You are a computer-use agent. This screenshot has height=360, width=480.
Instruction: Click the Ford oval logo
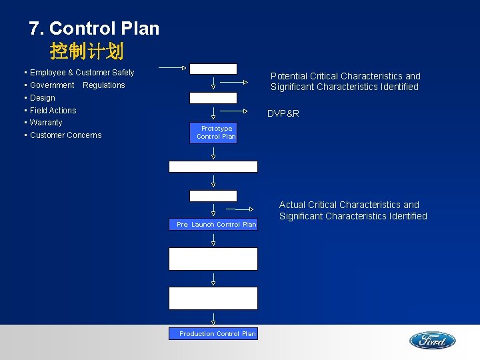tap(432, 341)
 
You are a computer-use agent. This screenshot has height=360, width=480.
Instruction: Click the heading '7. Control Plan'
tap(94, 29)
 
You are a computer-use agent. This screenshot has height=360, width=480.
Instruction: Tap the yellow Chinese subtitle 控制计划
tap(87, 51)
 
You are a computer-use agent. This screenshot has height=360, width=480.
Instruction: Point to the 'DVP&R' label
tap(283, 113)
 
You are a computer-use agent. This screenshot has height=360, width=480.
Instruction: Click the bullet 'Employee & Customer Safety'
tap(81, 73)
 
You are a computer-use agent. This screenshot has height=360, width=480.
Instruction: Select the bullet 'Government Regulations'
tap(77, 85)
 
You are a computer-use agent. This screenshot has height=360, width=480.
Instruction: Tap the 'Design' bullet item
tap(42, 98)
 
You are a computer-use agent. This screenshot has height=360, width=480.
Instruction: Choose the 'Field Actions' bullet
tap(53, 111)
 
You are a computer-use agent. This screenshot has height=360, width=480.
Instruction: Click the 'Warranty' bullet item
tap(45, 123)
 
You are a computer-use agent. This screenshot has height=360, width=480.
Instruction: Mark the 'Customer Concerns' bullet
tap(65, 135)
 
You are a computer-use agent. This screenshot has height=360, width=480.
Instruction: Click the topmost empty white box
tap(213, 69)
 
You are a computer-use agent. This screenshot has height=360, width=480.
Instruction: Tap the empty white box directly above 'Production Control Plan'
tap(213, 298)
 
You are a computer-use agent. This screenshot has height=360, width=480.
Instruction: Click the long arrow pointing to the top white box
tap(172, 67)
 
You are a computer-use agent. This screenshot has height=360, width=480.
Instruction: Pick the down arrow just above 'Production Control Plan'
tap(213, 319)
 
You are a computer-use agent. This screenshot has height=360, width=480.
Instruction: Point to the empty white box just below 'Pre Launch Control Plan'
tap(213, 259)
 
